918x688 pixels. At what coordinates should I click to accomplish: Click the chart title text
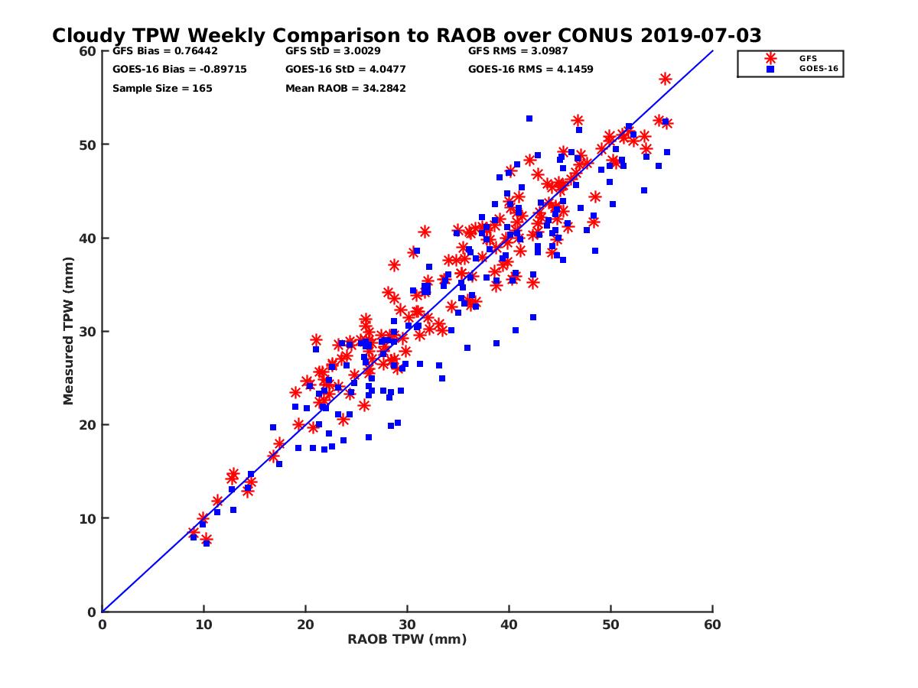pos(406,36)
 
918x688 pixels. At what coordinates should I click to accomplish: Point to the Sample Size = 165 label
pos(162,89)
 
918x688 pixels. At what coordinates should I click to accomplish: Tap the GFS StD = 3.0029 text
pos(333,51)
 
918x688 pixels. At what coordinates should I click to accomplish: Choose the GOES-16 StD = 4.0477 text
pos(340,70)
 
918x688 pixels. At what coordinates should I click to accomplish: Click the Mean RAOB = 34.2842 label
pos(345,89)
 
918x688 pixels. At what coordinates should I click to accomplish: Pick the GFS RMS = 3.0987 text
pos(518,51)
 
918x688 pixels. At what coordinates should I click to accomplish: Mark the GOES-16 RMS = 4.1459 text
pos(530,70)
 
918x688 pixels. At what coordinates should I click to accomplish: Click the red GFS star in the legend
pos(770,58)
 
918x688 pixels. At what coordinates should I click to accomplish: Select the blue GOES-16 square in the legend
pos(770,69)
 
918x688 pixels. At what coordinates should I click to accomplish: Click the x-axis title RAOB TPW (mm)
pos(407,640)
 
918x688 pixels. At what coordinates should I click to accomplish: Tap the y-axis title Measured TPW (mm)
pos(69,331)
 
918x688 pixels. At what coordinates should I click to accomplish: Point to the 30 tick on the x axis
pos(407,625)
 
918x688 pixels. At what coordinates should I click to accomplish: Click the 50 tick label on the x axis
pos(610,625)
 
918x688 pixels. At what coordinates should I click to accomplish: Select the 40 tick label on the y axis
pos(89,239)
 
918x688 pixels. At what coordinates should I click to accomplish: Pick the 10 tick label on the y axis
pos(89,518)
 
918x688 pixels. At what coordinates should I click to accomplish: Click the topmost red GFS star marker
pos(666,79)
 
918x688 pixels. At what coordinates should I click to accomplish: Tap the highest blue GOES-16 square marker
pos(529,118)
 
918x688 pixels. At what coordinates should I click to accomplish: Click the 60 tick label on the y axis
pos(89,51)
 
